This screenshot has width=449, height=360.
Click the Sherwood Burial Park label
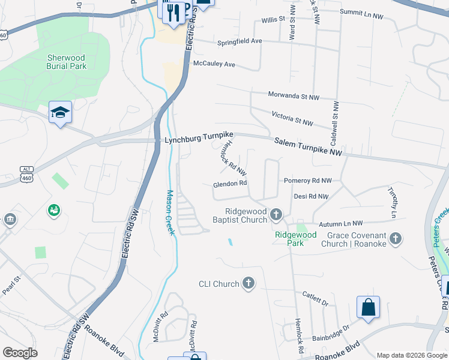66,62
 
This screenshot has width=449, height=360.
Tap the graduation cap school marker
60,113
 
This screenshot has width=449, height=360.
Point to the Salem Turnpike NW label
308,148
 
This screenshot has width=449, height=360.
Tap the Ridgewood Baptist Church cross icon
276,214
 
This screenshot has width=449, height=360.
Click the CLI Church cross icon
249,284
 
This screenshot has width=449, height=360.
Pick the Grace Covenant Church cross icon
396,239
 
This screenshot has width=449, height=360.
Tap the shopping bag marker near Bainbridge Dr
368,307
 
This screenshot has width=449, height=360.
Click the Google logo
20,353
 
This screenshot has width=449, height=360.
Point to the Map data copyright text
411,355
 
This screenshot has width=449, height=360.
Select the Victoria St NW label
292,119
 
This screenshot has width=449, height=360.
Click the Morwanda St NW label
294,96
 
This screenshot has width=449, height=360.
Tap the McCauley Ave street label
214,64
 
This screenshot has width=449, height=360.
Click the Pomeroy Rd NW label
307,180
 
